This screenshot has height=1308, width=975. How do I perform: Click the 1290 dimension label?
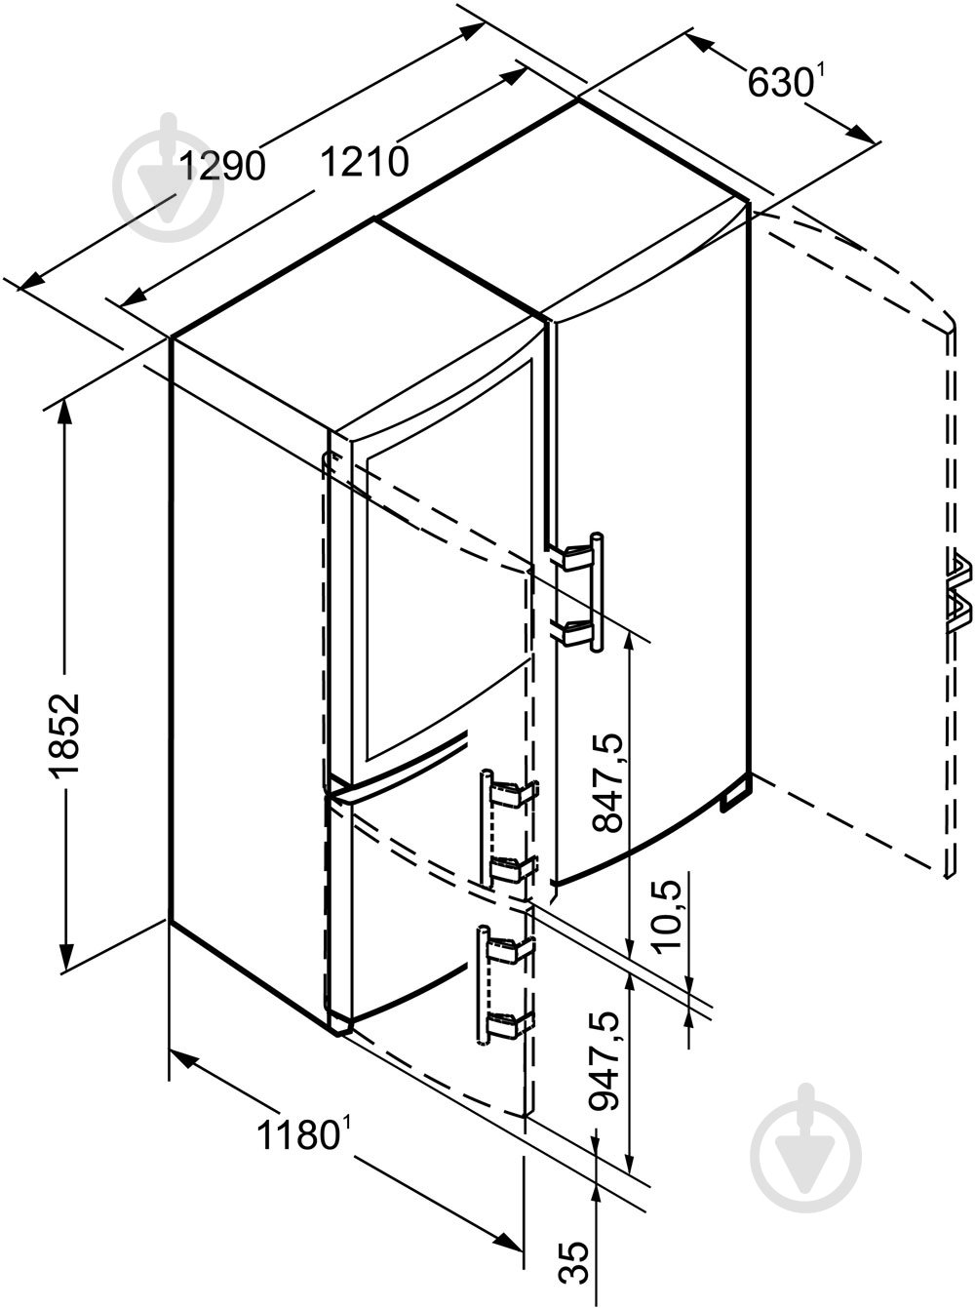click(x=221, y=165)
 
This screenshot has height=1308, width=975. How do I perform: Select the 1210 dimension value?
click(x=365, y=161)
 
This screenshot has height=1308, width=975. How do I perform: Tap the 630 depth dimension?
click(x=780, y=82)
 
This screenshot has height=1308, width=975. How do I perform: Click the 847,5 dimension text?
click(x=606, y=781)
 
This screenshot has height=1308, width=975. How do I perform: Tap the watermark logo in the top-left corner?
click(x=169, y=178)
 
